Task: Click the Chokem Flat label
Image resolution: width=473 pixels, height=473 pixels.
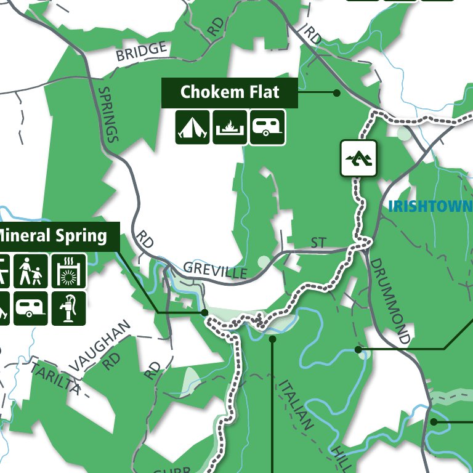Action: [229, 93]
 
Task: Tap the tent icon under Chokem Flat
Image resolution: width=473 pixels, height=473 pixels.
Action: [193, 127]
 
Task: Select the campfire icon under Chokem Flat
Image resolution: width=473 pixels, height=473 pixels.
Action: [230, 127]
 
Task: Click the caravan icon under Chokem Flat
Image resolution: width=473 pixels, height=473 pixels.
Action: [267, 127]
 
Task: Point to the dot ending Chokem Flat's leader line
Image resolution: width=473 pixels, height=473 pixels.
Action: [336, 93]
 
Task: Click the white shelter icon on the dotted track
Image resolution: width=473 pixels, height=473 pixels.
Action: [358, 158]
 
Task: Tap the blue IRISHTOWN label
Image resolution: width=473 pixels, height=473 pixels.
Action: [430, 206]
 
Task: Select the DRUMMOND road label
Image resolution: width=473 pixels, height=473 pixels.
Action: [389, 300]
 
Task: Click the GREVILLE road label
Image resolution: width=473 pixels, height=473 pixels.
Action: [215, 270]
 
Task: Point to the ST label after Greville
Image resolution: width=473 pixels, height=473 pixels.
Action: [318, 243]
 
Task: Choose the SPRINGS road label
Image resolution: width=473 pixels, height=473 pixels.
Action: [107, 114]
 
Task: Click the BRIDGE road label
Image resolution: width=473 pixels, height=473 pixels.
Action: [142, 51]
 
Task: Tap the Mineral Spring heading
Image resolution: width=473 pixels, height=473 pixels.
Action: [52, 235]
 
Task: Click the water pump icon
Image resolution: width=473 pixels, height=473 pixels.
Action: [68, 308]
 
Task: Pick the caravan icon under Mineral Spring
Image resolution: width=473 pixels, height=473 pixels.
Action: [31, 308]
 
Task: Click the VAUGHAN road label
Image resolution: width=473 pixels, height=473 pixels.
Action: [100, 346]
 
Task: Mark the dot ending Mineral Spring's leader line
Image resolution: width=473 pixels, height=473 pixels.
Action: [204, 313]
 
